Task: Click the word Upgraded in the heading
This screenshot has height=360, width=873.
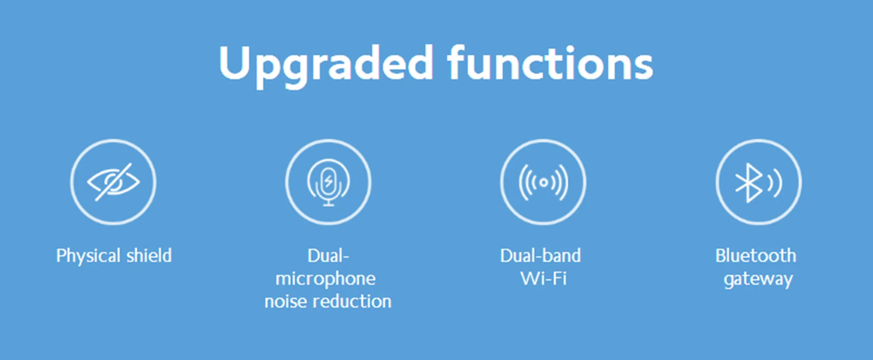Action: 326,65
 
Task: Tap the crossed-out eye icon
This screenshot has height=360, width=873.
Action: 113,182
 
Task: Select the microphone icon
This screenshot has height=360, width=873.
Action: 328,182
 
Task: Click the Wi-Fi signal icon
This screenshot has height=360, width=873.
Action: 543,182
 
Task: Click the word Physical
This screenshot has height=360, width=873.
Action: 89,256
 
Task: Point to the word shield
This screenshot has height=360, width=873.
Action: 149,255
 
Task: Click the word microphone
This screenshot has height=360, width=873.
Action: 326,279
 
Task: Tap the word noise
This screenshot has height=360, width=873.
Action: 286,301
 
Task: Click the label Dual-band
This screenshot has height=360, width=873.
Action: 541,255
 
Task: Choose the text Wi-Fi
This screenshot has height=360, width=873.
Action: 543,278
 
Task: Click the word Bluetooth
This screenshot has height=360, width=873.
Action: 756,255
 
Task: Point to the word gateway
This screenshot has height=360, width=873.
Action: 758,279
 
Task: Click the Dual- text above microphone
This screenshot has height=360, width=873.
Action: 328,255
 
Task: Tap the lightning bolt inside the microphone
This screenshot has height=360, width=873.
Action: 328,181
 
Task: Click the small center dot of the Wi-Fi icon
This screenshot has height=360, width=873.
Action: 543,183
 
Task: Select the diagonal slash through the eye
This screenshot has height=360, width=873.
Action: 113,182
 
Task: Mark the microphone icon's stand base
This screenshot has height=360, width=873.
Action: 328,205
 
